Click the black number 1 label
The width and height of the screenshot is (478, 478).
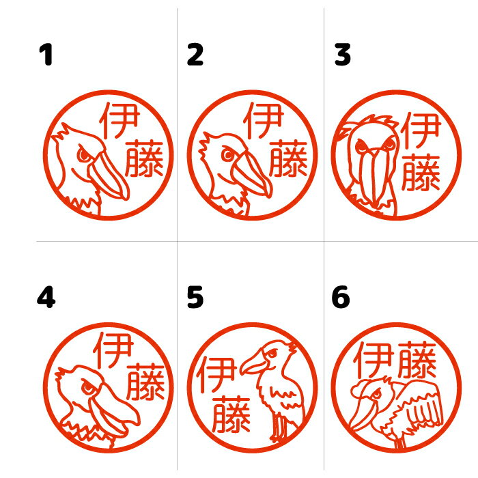coord(46,55)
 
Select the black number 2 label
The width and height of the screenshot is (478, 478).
coord(195,55)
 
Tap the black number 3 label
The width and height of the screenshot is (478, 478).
coord(342,55)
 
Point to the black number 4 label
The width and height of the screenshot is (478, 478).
coord(46,296)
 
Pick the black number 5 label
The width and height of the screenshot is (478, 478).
coord(195,297)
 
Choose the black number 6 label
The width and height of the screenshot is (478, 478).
coord(341,297)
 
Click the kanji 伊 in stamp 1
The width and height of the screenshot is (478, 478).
coord(119,120)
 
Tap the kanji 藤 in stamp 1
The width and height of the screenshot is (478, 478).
coord(144,159)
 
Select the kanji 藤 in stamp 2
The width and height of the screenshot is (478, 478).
coord(288,159)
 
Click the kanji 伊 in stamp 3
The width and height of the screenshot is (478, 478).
coord(421,130)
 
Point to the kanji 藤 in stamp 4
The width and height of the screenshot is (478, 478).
coord(145,381)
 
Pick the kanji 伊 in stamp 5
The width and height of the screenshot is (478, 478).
coord(216,375)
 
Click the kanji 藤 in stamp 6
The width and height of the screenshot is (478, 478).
coord(417,360)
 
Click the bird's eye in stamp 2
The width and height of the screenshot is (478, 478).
coord(227,154)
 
